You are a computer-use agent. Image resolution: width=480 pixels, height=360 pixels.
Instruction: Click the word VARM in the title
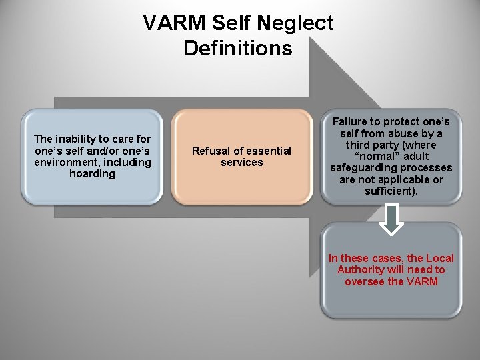(x=171, y=23)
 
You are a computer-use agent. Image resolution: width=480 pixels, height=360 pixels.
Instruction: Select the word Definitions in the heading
(x=238, y=48)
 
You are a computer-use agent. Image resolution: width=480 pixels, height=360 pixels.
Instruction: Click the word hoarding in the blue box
(x=92, y=174)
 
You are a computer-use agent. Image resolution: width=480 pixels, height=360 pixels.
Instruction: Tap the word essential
(x=265, y=151)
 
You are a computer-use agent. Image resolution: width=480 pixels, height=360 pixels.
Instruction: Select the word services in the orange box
(x=242, y=163)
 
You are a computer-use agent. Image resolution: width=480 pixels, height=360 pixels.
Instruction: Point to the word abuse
(x=396, y=133)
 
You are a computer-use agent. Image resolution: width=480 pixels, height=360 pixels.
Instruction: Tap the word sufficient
(x=389, y=191)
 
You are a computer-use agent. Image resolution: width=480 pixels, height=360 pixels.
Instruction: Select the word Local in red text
(x=440, y=258)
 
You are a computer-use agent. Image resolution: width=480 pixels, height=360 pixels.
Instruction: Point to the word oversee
(x=365, y=281)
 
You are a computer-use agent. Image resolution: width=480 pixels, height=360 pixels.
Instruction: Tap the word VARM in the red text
(x=423, y=281)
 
